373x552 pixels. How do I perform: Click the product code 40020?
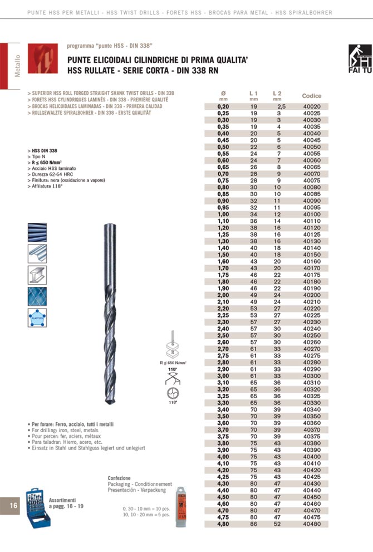(x=312, y=106)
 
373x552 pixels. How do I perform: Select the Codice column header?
(x=312, y=96)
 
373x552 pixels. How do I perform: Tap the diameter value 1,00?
(x=223, y=214)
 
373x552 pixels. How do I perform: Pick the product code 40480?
(x=312, y=524)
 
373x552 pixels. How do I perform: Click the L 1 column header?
(x=254, y=92)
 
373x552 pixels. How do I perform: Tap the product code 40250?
(x=312, y=336)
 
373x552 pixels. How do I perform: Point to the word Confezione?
(x=119, y=478)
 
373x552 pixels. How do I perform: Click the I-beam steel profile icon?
(x=37, y=276)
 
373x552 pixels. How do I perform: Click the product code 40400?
(x=312, y=457)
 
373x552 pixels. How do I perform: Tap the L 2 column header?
(x=277, y=92)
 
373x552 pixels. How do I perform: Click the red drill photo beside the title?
(x=42, y=60)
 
